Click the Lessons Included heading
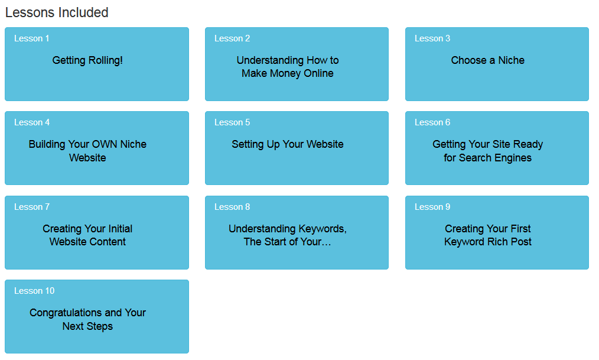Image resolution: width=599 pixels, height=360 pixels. point(57,12)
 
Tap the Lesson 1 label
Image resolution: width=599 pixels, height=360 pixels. point(32,38)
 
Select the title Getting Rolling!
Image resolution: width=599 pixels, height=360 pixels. point(87,60)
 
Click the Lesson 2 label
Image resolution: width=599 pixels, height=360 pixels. point(232,38)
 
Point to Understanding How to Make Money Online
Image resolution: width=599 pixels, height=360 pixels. point(288,67)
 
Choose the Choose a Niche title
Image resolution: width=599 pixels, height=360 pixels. point(488,60)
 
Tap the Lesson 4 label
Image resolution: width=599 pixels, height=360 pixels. point(32,123)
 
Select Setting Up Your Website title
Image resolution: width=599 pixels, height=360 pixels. point(288,144)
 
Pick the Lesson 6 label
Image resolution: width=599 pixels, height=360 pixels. point(432,123)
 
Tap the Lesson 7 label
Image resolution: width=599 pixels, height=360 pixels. point(32,207)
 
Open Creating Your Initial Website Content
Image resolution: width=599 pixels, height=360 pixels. point(87,235)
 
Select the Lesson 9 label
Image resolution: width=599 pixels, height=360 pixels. point(432,207)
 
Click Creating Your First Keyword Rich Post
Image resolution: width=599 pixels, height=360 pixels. point(488,235)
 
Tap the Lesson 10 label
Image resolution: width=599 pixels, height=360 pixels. point(34,291)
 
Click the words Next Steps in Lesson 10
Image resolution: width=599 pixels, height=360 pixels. point(87,326)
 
